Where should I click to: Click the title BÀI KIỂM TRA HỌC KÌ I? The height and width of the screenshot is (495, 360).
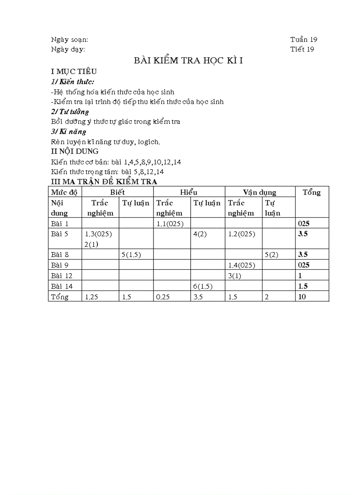(188, 61)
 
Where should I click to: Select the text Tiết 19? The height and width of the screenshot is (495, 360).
(302, 49)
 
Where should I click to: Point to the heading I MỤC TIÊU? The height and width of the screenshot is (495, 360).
(74, 71)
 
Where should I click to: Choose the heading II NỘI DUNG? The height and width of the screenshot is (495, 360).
(75, 151)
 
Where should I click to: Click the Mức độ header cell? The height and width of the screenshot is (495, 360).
(64, 192)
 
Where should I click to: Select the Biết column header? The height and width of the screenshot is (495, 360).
(117, 192)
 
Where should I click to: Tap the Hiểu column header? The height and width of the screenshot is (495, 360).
(189, 192)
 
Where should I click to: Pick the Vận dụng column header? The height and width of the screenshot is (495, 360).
(259, 192)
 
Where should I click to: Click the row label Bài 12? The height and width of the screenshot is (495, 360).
(62, 275)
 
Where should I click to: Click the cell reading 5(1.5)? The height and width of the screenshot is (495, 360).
(131, 254)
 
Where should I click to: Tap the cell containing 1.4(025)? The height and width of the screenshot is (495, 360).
(242, 265)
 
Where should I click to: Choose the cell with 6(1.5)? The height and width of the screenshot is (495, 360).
(203, 286)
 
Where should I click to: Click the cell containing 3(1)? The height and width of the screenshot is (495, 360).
(236, 275)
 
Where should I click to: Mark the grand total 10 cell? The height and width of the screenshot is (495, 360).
(302, 297)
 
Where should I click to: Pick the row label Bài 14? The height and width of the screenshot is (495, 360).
(62, 286)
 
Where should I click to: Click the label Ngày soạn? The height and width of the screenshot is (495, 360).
(70, 40)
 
